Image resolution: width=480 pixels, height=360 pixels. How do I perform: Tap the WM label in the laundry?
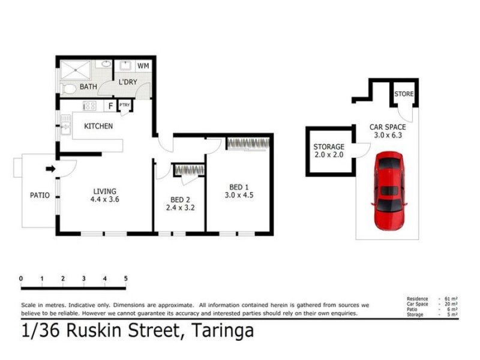143,65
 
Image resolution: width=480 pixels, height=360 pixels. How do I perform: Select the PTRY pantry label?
125,106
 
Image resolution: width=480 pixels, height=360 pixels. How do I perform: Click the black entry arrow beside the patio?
51,169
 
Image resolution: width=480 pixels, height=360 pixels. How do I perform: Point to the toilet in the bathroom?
69,89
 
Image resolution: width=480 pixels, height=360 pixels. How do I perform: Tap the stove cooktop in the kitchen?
89,106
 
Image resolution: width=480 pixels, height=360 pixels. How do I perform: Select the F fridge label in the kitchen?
110,106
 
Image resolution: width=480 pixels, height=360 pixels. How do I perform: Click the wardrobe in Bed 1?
248,144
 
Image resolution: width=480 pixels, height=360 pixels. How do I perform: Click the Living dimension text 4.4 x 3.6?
105,200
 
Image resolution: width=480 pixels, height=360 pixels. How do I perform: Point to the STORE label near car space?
404,94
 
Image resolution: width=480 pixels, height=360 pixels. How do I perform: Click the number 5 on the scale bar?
126,279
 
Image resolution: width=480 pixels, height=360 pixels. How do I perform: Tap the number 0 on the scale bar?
21,279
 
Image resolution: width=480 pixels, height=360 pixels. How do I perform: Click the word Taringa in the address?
223,331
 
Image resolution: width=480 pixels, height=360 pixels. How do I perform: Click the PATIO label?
40,195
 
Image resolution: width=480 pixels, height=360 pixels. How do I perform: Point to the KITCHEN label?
98,126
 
